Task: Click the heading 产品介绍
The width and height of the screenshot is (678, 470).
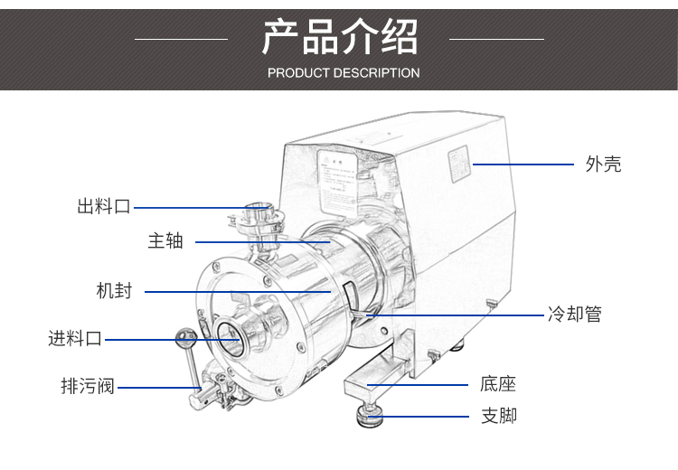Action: coord(340,36)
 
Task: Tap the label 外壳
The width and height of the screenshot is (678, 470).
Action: coord(603,164)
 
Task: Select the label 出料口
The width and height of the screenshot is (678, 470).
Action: coord(103,207)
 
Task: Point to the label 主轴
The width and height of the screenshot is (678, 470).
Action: coord(166,241)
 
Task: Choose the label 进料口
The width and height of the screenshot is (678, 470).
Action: coord(75,339)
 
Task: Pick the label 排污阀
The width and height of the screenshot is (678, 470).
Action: coord(88,387)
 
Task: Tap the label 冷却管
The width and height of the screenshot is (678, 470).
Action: coord(574,315)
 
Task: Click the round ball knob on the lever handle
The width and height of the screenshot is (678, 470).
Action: coord(187,337)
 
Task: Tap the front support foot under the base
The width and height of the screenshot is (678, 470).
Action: coord(369,414)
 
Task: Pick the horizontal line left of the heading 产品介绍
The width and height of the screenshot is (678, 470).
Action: coord(181,39)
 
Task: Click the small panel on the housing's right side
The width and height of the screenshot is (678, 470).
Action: coord(460,165)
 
